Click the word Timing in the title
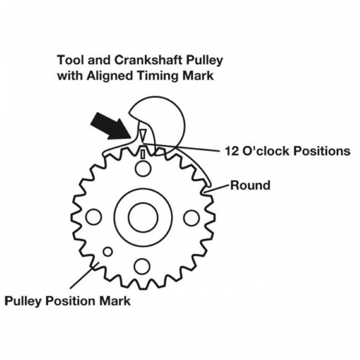coord(157,75)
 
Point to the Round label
coord(250,185)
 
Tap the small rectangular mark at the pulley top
coord(143,154)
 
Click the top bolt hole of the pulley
coord(143,169)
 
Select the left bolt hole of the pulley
coord(94,217)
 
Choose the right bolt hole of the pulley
coord(191,217)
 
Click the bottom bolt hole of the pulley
coord(142,266)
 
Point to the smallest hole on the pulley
coord(108,252)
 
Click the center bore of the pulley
coord(143,217)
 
